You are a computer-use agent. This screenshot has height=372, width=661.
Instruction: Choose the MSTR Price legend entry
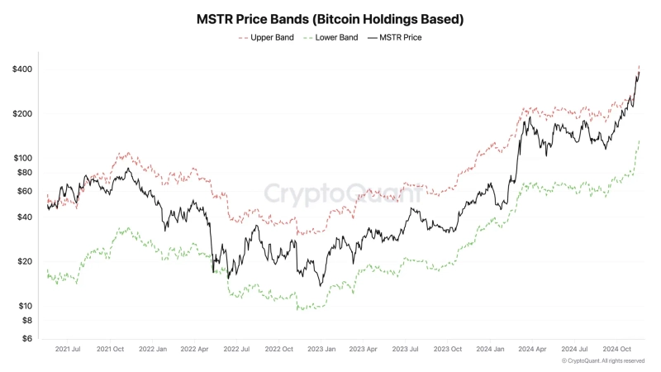pyautogui.click(x=401, y=37)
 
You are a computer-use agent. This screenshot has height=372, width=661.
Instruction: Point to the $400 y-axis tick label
pyautogui.click(x=22, y=69)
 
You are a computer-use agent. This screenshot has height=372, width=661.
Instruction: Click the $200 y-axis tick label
pyautogui.click(x=22, y=114)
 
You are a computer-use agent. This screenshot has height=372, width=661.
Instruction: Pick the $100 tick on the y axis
pyautogui.click(x=22, y=158)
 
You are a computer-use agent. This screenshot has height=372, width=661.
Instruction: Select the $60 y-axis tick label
pyautogui.click(x=25, y=191)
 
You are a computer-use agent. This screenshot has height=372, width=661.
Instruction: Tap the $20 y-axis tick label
pyautogui.click(x=25, y=261)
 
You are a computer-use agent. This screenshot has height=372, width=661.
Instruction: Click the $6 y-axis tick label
pyautogui.click(x=27, y=338)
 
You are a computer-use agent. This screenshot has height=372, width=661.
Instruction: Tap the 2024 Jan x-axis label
pyautogui.click(x=489, y=350)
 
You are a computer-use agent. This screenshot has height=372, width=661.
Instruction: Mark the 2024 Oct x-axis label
pyautogui.click(x=616, y=350)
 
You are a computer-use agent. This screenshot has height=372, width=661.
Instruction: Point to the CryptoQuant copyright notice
pyautogui.click(x=603, y=361)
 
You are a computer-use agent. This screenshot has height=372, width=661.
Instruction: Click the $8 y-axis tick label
pyautogui.click(x=27, y=320)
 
